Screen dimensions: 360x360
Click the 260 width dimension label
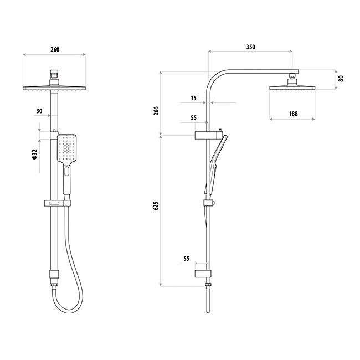pyautogui.click(x=55, y=49)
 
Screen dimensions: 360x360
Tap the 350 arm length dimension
pyautogui.click(x=251, y=47)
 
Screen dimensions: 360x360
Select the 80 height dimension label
pyautogui.click(x=341, y=79)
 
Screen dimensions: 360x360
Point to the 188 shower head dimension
pyautogui.click(x=293, y=114)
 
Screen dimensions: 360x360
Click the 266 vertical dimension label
pyautogui.click(x=156, y=111)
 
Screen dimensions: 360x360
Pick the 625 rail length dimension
pyautogui.click(x=156, y=205)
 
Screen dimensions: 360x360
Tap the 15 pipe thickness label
pyautogui.click(x=193, y=98)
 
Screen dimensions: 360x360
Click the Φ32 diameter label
pyautogui.click(x=34, y=155)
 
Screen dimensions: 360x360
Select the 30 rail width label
pyautogui.click(x=39, y=111)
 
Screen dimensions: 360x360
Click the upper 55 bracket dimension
pyautogui.click(x=193, y=118)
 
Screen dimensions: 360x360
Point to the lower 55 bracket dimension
pyautogui.click(x=187, y=259)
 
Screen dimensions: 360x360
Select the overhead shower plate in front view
pyautogui.click(x=54, y=88)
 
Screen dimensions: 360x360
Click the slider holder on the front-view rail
pyautogui.click(x=58, y=203)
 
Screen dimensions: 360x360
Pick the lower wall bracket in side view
pyautogui.click(x=203, y=274)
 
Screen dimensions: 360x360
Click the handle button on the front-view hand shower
pyautogui.click(x=67, y=171)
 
